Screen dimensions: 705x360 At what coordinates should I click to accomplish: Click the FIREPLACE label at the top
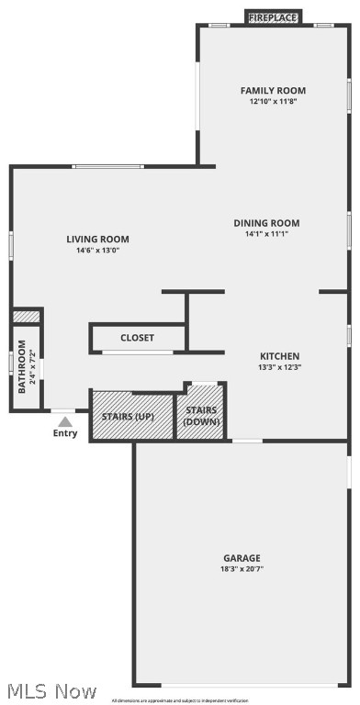click(273, 17)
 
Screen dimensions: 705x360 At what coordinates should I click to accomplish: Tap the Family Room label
click(273, 91)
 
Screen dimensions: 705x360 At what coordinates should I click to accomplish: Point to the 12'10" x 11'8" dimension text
click(273, 102)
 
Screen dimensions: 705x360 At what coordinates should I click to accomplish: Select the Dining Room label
click(266, 223)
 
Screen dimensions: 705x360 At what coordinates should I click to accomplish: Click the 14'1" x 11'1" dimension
click(266, 234)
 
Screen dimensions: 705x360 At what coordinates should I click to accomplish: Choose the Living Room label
click(97, 240)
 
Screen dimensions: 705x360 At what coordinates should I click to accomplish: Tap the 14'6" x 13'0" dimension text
click(97, 251)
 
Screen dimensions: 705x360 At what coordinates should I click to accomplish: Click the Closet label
click(138, 338)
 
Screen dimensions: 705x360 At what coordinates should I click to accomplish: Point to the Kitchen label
click(279, 356)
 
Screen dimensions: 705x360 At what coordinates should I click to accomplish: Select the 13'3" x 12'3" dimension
click(279, 367)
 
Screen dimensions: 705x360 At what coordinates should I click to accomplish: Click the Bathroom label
click(22, 367)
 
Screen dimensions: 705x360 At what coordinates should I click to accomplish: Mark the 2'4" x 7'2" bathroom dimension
click(32, 367)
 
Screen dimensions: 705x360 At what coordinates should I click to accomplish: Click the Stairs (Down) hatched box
click(201, 416)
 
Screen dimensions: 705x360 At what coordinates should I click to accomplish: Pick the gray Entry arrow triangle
click(65, 421)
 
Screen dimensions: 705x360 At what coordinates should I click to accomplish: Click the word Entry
click(65, 433)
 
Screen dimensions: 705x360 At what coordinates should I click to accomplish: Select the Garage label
click(242, 558)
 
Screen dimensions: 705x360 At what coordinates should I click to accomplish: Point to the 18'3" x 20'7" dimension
click(242, 569)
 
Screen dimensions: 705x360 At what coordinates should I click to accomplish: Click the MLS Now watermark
click(51, 690)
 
